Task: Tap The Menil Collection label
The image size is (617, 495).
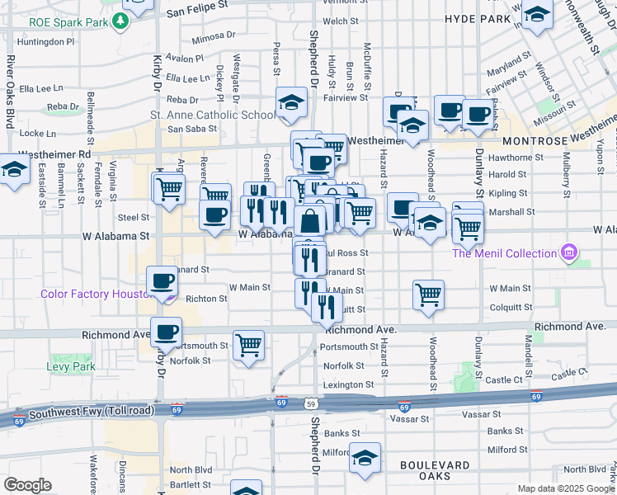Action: (506, 252)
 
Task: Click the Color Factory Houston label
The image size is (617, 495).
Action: (93, 295)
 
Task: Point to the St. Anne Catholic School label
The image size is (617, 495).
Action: (212, 115)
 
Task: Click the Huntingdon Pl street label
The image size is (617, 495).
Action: (45, 40)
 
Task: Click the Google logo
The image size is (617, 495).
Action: (27, 485)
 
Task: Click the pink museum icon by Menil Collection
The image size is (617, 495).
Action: (568, 252)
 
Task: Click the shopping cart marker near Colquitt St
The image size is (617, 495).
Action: (428, 295)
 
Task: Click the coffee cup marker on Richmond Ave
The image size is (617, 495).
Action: (166, 332)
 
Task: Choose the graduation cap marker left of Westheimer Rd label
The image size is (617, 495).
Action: (14, 170)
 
